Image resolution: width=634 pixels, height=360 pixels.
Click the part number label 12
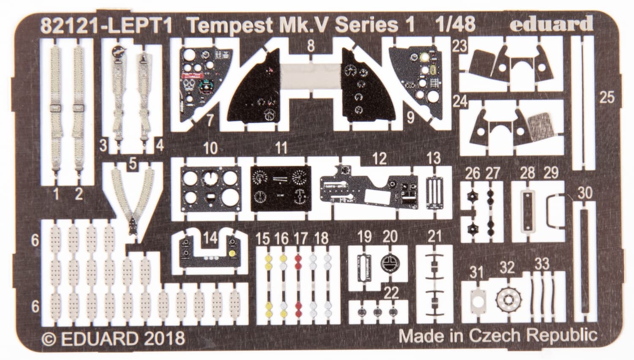[x=380, y=158]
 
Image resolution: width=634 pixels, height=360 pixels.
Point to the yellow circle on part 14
[x=232, y=254]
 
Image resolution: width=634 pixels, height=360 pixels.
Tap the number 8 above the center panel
[x=311, y=46]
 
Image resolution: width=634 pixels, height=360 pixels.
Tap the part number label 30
[x=585, y=193]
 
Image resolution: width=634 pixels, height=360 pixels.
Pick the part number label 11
[x=281, y=148]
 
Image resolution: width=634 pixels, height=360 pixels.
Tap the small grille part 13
[x=433, y=192]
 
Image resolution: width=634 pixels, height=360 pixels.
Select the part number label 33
[x=542, y=264]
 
